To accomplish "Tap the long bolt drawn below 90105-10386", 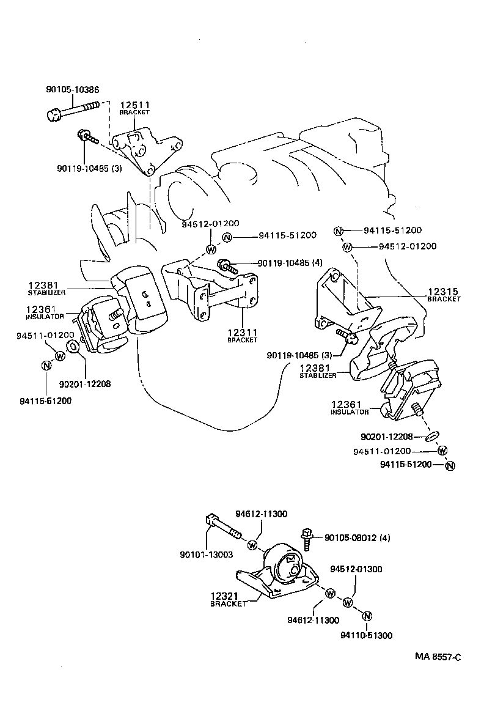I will pos(72,110).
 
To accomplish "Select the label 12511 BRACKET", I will pos(134,108).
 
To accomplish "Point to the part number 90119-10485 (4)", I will pos(290,263).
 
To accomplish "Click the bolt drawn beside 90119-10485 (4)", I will pos(227,266).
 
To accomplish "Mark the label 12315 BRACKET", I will pos(444,295).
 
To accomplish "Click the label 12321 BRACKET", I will pos(227,599).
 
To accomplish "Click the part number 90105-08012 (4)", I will pos(357,538).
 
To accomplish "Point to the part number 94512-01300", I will pos(356,569).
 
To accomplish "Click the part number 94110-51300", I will pos(367,635).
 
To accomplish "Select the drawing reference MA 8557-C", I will pos(438,657).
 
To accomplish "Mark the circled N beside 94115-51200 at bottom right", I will pos(450,466).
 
